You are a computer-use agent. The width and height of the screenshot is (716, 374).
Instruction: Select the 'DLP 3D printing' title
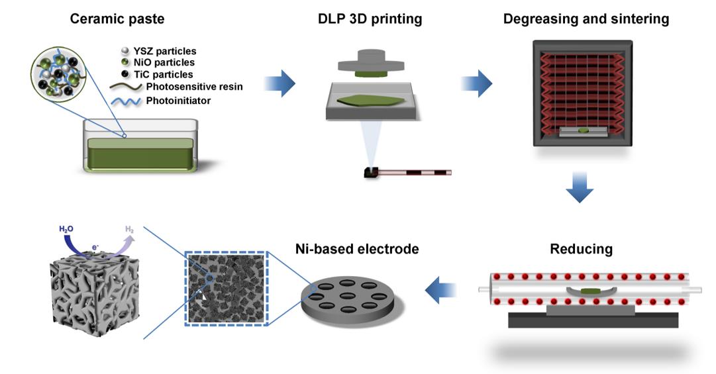(x=370, y=19)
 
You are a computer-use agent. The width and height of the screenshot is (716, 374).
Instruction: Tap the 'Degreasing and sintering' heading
(x=586, y=19)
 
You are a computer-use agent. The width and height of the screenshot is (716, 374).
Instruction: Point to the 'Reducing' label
(x=581, y=249)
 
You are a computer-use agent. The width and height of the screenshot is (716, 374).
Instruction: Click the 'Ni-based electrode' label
(x=356, y=249)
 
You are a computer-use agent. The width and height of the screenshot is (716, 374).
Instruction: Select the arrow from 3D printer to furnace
(x=476, y=84)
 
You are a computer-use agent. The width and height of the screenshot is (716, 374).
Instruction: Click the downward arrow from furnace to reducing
(x=580, y=189)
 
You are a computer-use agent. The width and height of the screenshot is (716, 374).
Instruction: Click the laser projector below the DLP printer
(x=371, y=173)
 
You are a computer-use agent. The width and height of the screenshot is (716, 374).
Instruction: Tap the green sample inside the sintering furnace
(x=582, y=132)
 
